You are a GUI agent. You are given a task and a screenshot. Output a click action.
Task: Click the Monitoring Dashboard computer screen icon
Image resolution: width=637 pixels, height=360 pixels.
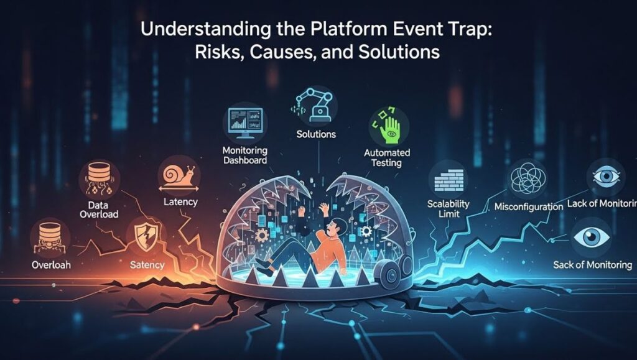tap(245, 121)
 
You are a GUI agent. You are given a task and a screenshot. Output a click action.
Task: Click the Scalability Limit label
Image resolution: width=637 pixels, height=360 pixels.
tap(449, 210)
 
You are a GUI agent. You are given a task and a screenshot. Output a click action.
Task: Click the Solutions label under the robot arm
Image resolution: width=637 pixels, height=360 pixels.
tap(316, 134)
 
